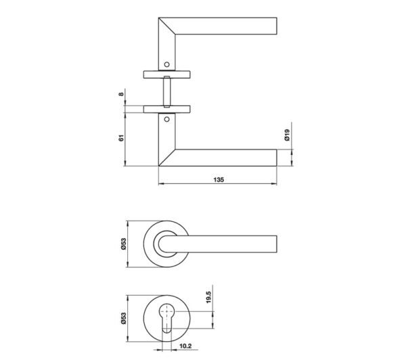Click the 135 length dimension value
tap(219, 179)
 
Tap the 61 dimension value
tap(121, 138)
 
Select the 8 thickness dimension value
tap(121, 94)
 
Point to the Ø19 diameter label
tap(287, 135)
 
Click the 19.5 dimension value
tap(208, 297)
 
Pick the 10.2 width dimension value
tap(185, 346)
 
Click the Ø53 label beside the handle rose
tap(123, 244)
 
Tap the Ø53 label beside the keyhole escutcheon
tap(123, 318)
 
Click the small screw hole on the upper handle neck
tap(166, 64)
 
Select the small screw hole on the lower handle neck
tap(166, 119)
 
